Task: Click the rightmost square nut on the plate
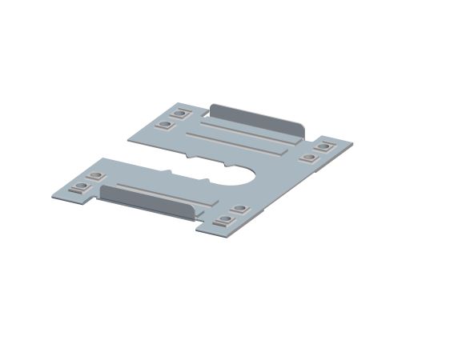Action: click(x=323, y=146)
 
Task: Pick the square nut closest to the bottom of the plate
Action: click(x=222, y=222)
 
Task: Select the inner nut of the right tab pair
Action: click(x=307, y=157)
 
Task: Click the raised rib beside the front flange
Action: click(x=160, y=190)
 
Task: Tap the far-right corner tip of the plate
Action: click(x=352, y=144)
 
